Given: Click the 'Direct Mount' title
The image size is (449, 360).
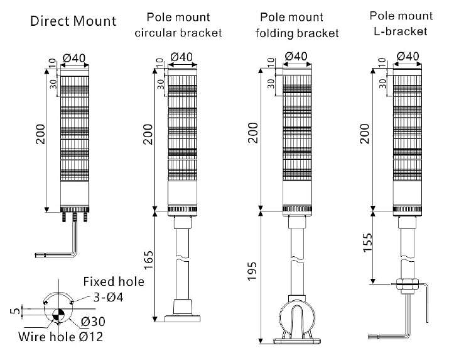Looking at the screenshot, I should point(73,21).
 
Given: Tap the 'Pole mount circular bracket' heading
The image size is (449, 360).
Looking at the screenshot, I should point(178,25).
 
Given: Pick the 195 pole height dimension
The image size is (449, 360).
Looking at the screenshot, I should point(252,276).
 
